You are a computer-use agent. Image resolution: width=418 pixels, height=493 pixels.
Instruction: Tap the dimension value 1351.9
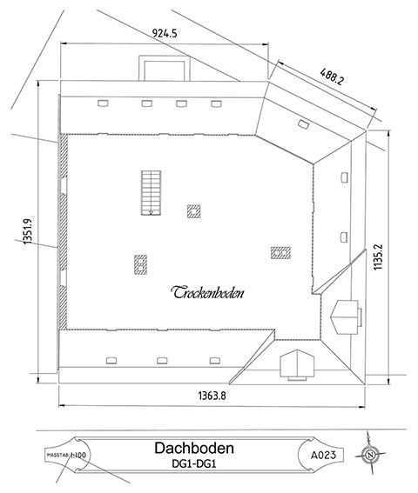coord(27,233)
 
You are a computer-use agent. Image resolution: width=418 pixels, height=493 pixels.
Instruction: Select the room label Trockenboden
coord(207,292)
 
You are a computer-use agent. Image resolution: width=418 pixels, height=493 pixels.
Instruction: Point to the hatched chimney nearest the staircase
coord(194,210)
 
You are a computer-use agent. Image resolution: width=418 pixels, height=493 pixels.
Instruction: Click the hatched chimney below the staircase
coord(139,263)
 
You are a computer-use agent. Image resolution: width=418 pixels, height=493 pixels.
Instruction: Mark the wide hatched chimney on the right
coord(280,252)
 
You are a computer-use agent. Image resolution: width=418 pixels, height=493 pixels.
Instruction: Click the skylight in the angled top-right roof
coord(302,123)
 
